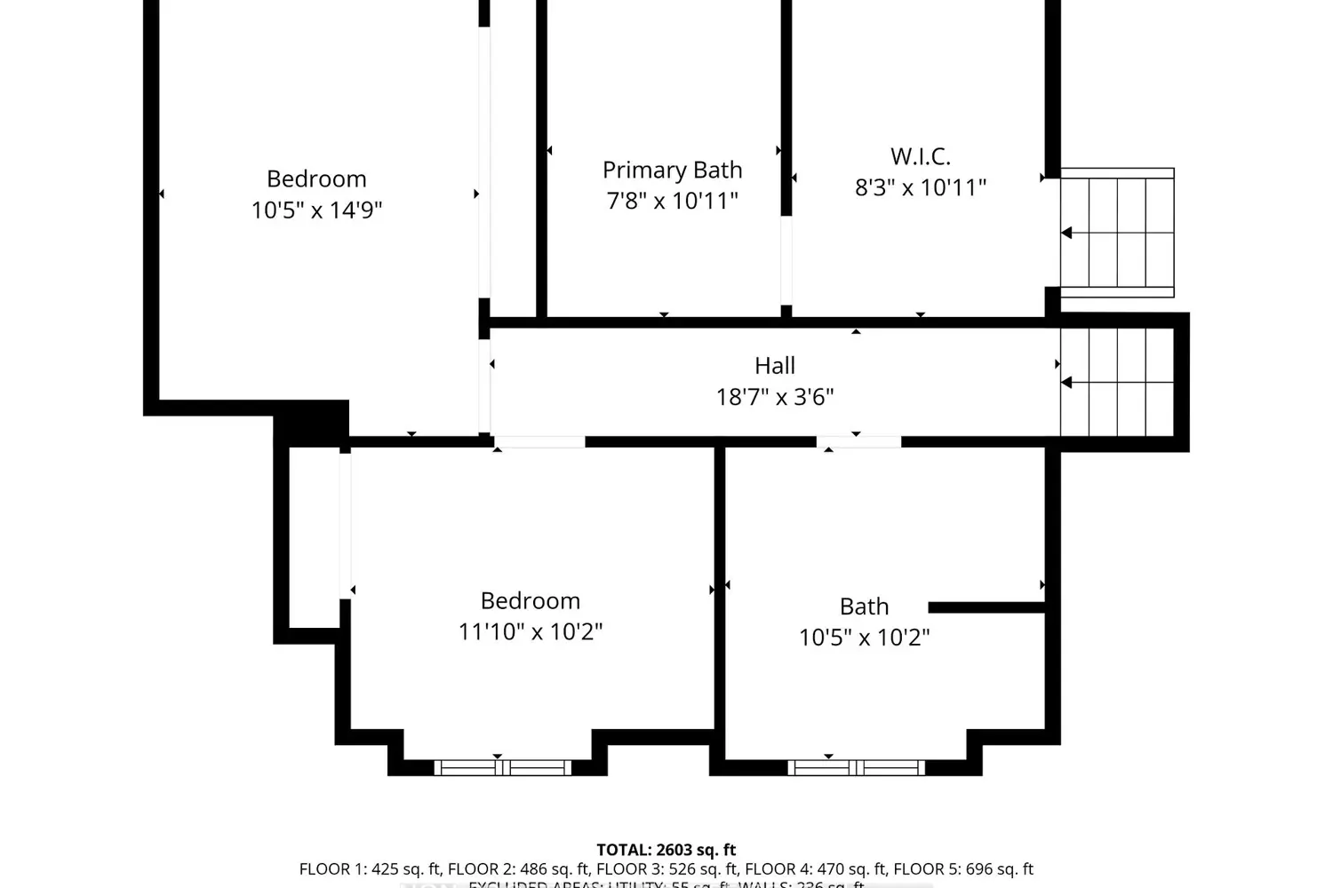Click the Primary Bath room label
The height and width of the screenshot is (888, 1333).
tap(672, 170)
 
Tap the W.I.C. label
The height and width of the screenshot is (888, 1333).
tap(921, 156)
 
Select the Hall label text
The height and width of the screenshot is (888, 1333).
tap(774, 366)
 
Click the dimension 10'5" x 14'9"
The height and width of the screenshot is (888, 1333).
tap(316, 210)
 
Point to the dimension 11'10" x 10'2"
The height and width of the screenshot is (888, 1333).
tap(530, 632)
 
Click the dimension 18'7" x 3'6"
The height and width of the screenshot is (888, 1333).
tap(774, 397)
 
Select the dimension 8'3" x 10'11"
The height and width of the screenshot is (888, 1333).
tap(921, 188)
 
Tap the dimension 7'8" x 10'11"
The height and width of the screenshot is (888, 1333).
tap(672, 202)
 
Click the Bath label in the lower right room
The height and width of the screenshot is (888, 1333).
tap(864, 607)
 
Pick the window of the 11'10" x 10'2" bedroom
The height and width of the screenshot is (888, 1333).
tap(503, 767)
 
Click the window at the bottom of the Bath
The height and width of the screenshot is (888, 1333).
tap(856, 767)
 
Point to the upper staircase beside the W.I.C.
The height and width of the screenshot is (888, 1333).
tap(1117, 233)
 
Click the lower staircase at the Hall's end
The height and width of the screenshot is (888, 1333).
tap(1117, 383)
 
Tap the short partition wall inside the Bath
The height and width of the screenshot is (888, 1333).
tap(986, 607)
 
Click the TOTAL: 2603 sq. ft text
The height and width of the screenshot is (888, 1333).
tap(666, 850)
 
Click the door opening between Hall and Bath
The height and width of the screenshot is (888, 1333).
tap(858, 441)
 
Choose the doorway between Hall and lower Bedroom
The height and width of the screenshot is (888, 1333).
tap(539, 441)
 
